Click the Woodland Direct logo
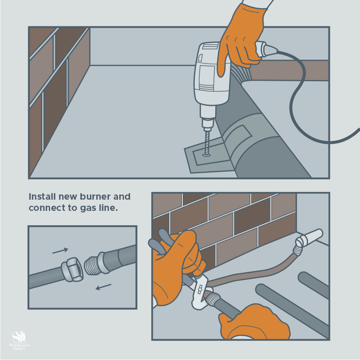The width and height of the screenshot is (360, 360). (19, 340)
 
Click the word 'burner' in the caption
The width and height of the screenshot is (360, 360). (92, 196)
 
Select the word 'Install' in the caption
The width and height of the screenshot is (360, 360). (42, 196)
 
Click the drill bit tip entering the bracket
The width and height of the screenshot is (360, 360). (207, 155)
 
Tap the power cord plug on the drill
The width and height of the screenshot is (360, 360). (266, 49)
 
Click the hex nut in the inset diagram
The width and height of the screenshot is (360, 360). (72, 270)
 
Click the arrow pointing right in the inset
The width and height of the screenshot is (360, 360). (60, 251)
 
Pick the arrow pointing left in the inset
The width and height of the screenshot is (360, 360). (103, 287)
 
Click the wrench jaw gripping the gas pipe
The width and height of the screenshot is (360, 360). (200, 292)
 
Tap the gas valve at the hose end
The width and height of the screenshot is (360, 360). (309, 238)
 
